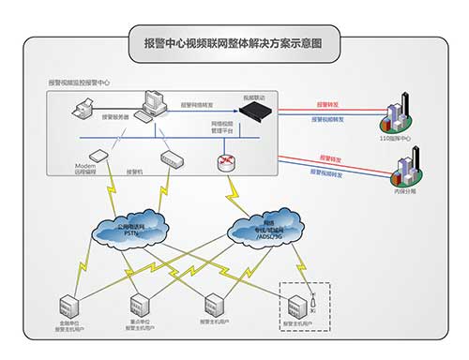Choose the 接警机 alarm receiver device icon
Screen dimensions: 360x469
[169, 158]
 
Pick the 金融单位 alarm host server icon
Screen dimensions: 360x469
[69, 305]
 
